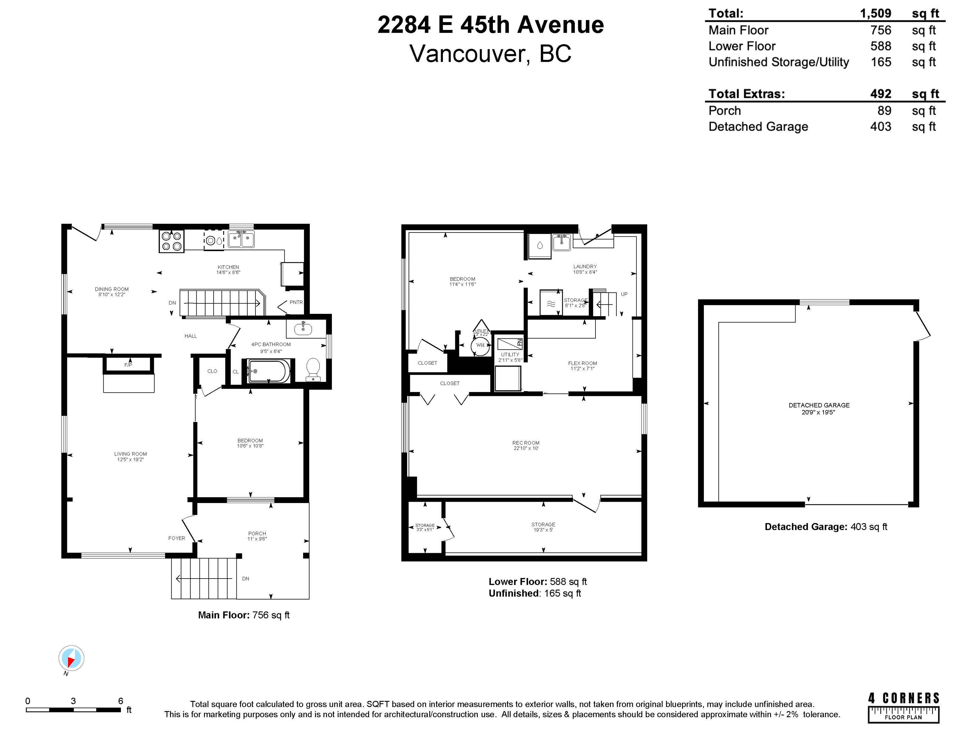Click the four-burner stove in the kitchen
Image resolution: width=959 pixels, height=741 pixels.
coord(171,241)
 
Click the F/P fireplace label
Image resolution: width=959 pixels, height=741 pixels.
coord(128,365)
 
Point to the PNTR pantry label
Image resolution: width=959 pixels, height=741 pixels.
coord(296,302)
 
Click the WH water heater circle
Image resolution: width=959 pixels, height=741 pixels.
coord(480,345)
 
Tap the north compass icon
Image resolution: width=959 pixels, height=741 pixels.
coord(71,658)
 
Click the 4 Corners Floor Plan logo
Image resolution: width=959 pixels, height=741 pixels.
coord(903,707)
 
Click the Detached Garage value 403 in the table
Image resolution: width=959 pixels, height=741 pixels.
coord(881,126)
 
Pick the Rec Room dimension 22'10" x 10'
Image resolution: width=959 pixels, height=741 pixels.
coord(526,448)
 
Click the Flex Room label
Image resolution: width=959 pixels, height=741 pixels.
coord(582,363)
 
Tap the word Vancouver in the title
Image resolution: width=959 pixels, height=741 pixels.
coord(467,54)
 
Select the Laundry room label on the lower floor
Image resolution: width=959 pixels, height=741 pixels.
coord(585,267)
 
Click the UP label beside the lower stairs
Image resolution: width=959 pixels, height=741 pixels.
coord(624,294)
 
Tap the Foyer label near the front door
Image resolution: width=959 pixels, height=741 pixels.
coord(177,538)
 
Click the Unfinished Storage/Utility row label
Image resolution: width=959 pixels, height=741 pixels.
coord(779,62)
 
